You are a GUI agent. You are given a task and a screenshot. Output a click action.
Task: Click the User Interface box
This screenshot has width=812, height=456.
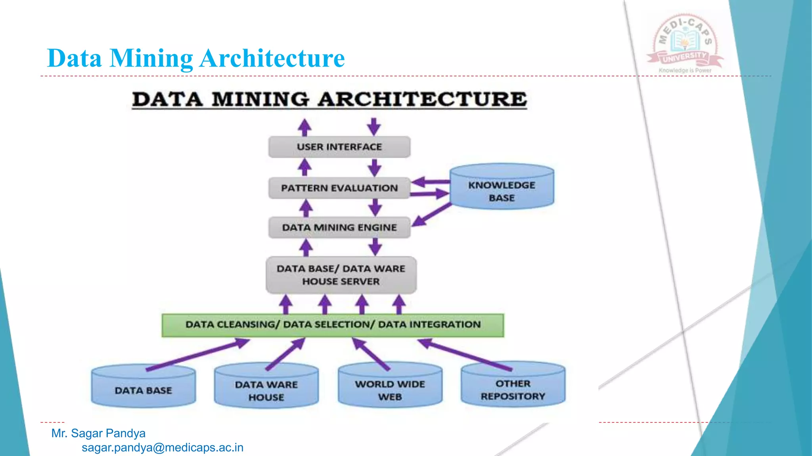pyautogui.click(x=339, y=147)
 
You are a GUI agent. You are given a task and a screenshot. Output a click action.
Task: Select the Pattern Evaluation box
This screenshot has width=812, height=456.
pyautogui.click(x=339, y=188)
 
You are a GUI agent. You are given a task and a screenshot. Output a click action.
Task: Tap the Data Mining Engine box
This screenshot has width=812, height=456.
pyautogui.click(x=339, y=228)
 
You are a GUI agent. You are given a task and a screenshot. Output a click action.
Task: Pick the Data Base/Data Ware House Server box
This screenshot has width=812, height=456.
pyautogui.click(x=341, y=275)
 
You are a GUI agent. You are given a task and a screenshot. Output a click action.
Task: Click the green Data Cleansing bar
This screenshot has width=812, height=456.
pyautogui.click(x=333, y=325)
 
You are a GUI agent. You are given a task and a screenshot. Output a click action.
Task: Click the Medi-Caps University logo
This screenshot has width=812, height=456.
pyautogui.click(x=685, y=42)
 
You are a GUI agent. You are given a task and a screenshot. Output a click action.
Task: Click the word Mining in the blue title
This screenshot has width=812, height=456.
pyautogui.click(x=151, y=58)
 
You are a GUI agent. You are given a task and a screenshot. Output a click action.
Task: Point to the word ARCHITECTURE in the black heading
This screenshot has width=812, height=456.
pyautogui.click(x=422, y=99)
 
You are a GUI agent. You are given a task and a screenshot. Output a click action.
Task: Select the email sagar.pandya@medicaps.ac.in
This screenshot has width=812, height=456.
pyautogui.click(x=163, y=448)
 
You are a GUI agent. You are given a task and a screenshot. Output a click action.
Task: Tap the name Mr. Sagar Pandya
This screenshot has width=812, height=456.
pyautogui.click(x=98, y=433)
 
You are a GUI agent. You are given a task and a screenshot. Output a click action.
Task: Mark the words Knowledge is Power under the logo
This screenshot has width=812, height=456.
pyautogui.click(x=685, y=70)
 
